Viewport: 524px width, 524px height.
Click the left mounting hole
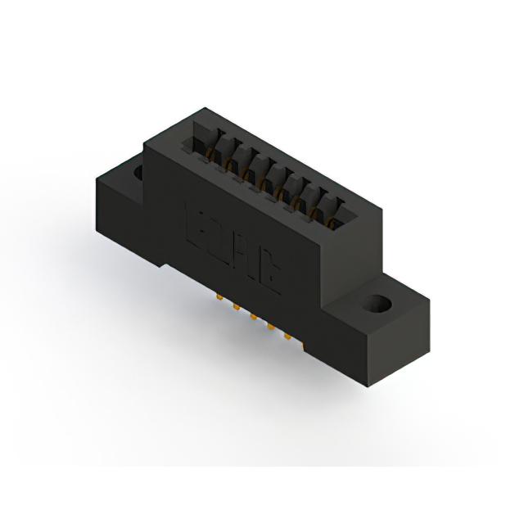click(138, 173)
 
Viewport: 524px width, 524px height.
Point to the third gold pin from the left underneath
click(253, 316)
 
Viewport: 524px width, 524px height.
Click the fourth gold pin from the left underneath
click(270, 325)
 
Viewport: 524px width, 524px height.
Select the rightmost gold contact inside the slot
click(330, 219)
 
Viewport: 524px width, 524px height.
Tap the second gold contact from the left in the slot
click(230, 163)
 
